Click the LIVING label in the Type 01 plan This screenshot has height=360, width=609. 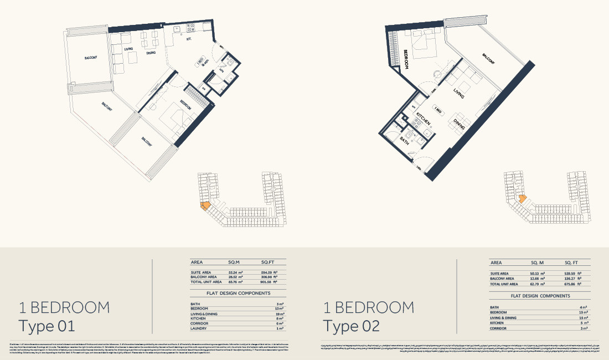pyautogui.click(x=128, y=50)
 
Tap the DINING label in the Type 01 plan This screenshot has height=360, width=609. pyautogui.click(x=151, y=53)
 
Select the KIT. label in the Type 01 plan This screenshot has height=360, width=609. pyautogui.click(x=189, y=40)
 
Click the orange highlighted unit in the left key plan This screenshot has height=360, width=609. pyautogui.click(x=205, y=205)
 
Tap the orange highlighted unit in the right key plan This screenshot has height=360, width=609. pyautogui.click(x=521, y=198)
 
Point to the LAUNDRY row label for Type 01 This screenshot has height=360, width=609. pyautogui.click(x=200, y=329)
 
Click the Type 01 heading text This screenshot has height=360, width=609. pyautogui.click(x=47, y=326)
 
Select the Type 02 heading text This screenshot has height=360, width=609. pyautogui.click(x=352, y=326)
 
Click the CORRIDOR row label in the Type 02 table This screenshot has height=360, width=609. pyautogui.click(x=500, y=328)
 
